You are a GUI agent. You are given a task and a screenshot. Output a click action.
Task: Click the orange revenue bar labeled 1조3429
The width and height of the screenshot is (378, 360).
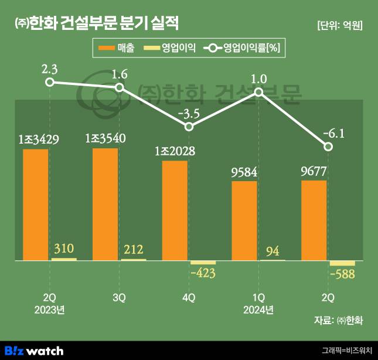coord(36,205)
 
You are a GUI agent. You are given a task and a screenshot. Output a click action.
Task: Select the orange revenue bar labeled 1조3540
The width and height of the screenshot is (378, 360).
coord(105,204)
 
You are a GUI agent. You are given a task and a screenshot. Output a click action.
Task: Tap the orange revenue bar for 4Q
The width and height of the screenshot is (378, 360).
coord(175,210)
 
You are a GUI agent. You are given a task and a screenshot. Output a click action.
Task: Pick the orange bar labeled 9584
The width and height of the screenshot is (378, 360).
coord(244,220)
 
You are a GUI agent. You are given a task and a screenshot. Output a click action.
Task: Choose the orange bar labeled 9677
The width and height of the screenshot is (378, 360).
coord(314,220)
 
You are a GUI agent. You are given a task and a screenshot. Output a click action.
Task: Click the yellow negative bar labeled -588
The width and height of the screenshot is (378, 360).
coord(342,263)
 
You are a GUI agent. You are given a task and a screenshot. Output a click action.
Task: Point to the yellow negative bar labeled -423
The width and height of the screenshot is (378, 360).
coord(203,262)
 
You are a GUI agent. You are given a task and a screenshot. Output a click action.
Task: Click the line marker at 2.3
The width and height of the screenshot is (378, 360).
coord(50,82)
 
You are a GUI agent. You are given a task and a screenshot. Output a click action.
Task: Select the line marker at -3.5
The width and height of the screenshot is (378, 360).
coord(189,127)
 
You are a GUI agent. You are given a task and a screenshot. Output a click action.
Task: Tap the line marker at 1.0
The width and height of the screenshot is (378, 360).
coord(258,92)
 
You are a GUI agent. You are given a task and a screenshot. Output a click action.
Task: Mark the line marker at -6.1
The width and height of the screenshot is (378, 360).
coord(328,146)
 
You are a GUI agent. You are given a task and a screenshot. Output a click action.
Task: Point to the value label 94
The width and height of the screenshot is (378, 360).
coord(273,252)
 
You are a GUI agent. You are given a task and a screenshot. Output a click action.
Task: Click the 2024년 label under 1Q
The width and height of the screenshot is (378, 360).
coord(258,309)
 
